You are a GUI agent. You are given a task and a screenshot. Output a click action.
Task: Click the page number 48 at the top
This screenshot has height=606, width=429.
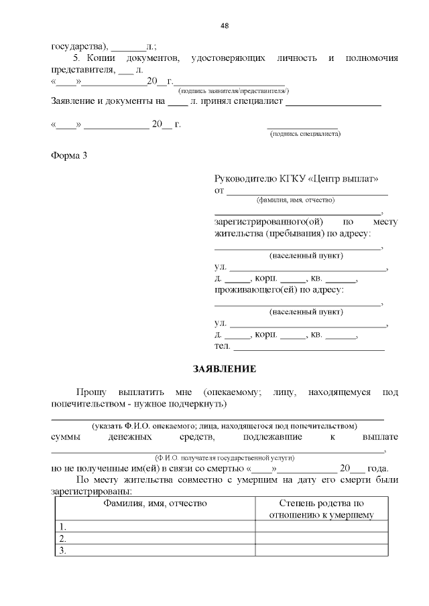pos(225,25)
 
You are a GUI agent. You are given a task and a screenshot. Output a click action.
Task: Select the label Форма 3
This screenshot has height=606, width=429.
pos(69,156)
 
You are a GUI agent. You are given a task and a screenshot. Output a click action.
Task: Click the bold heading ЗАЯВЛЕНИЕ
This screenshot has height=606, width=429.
pos(225,369)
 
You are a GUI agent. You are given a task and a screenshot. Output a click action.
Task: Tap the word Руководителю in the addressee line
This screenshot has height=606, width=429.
pos(245,179)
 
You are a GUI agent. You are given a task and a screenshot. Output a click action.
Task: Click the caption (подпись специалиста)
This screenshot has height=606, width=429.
pos(305,134)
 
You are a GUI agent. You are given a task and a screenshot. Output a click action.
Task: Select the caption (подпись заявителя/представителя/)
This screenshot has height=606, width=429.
pos(233,90)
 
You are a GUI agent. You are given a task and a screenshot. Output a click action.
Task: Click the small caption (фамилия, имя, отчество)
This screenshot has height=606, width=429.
pos(296,200)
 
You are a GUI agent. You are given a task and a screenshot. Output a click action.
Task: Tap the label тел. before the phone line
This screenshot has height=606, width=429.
pos(222,346)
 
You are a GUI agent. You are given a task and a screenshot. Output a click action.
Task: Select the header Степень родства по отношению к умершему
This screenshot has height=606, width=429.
pos(321,509)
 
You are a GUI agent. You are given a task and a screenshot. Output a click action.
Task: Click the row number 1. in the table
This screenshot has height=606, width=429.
pos(63,527)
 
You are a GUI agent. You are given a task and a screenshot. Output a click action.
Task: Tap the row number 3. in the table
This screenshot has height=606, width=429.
pos(63,550)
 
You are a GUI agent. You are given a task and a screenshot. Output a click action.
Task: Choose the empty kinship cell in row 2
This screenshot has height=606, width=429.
pos(321,538)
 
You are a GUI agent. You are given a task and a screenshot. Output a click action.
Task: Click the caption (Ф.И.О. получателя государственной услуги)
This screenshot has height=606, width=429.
pos(225,457)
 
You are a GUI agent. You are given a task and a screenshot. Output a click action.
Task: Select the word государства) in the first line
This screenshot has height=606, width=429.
pos(79,47)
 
